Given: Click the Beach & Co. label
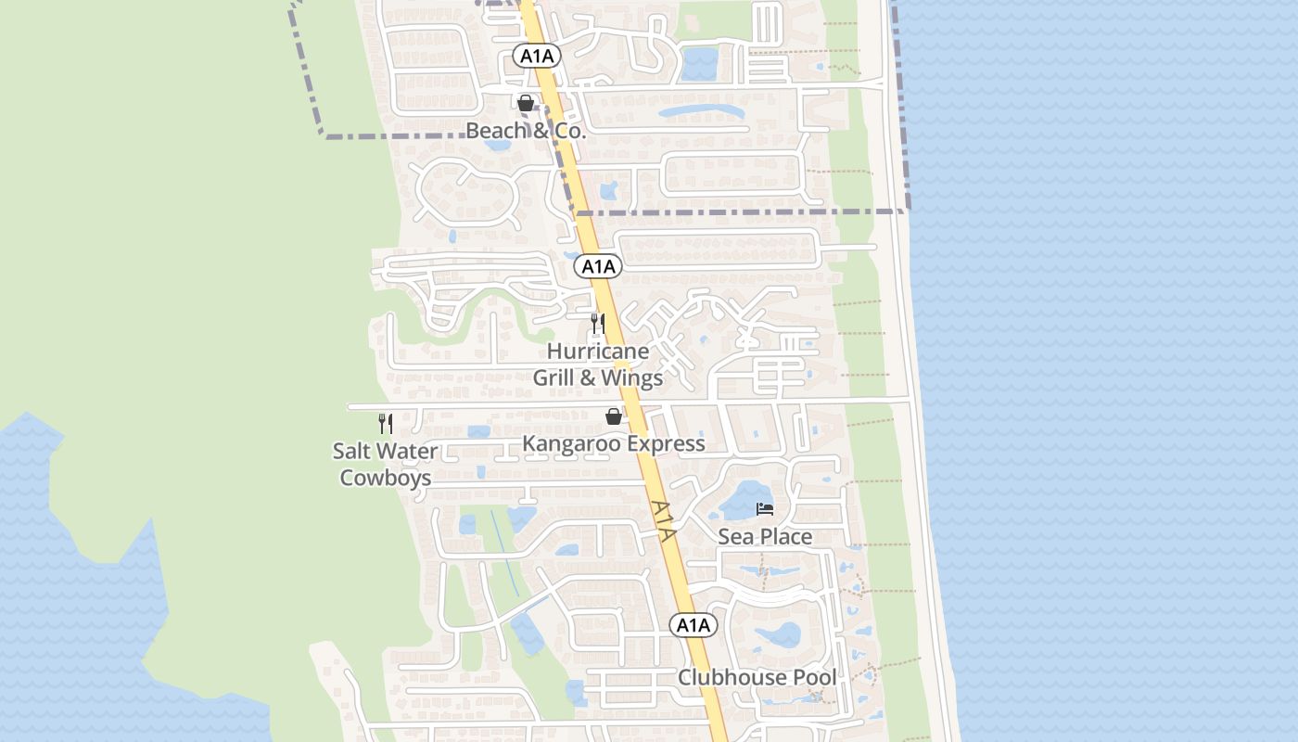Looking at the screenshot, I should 526,131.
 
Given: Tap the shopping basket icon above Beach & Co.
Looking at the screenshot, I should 526,103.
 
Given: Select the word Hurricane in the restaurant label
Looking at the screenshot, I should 598,352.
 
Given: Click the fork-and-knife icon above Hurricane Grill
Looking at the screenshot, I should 598,324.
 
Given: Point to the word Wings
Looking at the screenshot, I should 632,377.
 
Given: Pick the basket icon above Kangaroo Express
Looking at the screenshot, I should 613,416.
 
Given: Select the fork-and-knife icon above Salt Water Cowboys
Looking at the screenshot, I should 386,424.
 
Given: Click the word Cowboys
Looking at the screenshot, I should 386,478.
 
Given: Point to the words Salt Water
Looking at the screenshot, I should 386,452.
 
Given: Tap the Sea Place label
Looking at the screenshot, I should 765,536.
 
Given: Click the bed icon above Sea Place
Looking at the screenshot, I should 765,509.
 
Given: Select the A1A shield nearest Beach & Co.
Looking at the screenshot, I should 537,56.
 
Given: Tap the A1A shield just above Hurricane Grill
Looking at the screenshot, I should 598,267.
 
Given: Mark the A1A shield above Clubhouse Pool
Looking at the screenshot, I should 693,625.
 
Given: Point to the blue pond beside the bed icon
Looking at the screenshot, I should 742,502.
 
